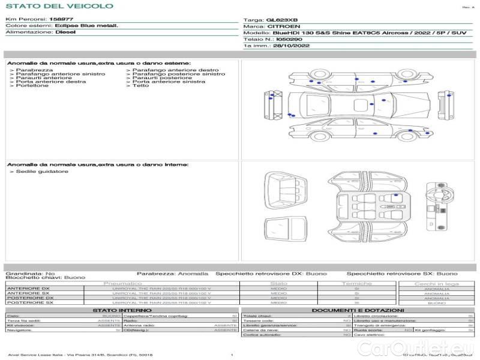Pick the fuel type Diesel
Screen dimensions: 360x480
[65, 32]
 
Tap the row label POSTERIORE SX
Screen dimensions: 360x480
[29, 303]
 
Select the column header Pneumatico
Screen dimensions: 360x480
[122, 283]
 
